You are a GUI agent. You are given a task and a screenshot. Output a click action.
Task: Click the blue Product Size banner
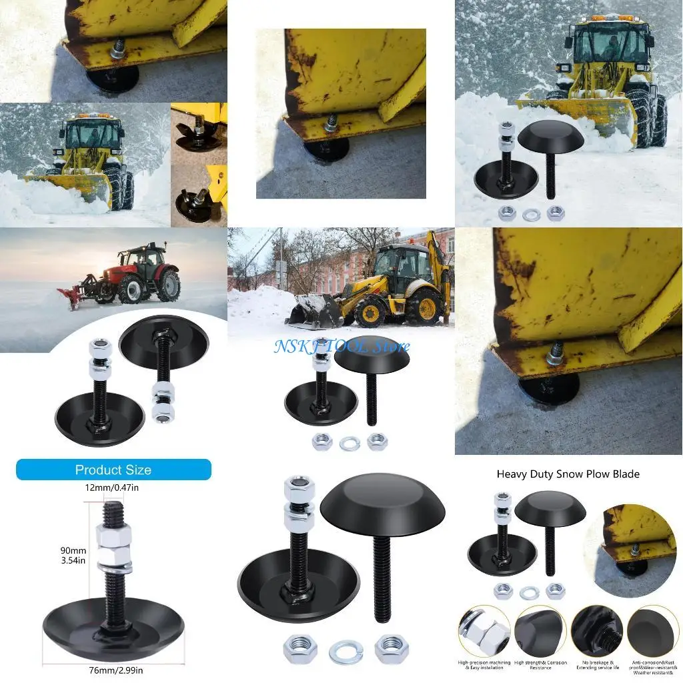[113, 470]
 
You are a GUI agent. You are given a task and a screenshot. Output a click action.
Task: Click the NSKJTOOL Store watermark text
[341, 346]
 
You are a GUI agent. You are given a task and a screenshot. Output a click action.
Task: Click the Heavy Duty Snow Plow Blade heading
[568, 474]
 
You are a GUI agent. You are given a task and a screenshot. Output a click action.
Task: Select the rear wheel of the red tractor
[167, 285]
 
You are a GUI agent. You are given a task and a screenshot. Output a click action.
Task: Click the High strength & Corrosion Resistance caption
[540, 665]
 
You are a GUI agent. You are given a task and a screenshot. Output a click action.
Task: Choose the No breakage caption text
[596, 665]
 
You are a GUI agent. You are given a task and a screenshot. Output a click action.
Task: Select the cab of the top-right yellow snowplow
[610, 43]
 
